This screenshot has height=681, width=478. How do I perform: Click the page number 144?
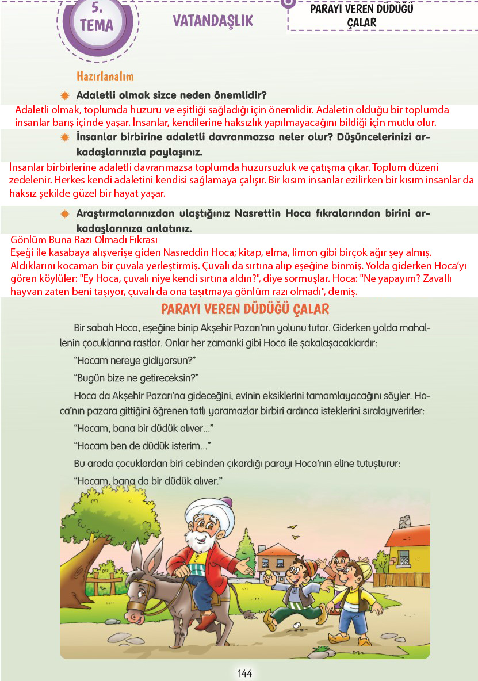coord(244,673)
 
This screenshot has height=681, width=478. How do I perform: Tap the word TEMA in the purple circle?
coord(97,25)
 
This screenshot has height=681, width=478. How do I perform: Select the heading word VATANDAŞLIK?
coord(213,21)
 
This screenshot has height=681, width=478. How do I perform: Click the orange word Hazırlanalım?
coord(105,76)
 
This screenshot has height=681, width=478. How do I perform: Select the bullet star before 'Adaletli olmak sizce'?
coord(65,95)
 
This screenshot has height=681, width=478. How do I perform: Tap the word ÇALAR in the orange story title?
coord(308,309)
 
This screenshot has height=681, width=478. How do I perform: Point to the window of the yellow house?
coord(403,557)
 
